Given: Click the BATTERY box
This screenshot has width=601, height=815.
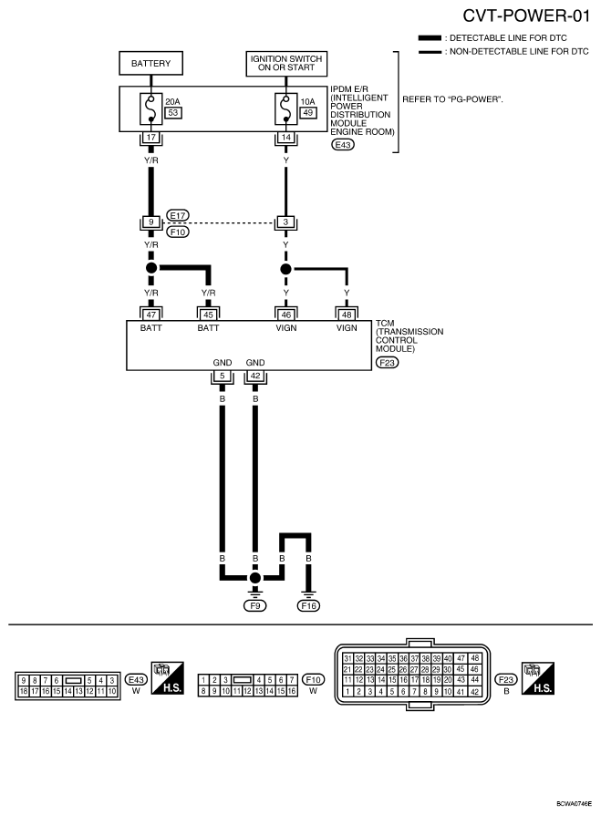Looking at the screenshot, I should pos(151,65).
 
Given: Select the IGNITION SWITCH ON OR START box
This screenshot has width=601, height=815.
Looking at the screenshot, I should pos(287,65).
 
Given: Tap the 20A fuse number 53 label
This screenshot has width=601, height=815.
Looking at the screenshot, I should pos(171,114).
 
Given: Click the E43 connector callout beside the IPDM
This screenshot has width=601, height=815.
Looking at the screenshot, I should pos(343,145).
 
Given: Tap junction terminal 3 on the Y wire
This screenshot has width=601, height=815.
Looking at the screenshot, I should pos(287,222).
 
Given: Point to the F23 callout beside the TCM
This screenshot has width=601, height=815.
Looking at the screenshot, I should pos(387,362).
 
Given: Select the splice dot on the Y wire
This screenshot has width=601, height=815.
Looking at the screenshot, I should pos(287,270).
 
